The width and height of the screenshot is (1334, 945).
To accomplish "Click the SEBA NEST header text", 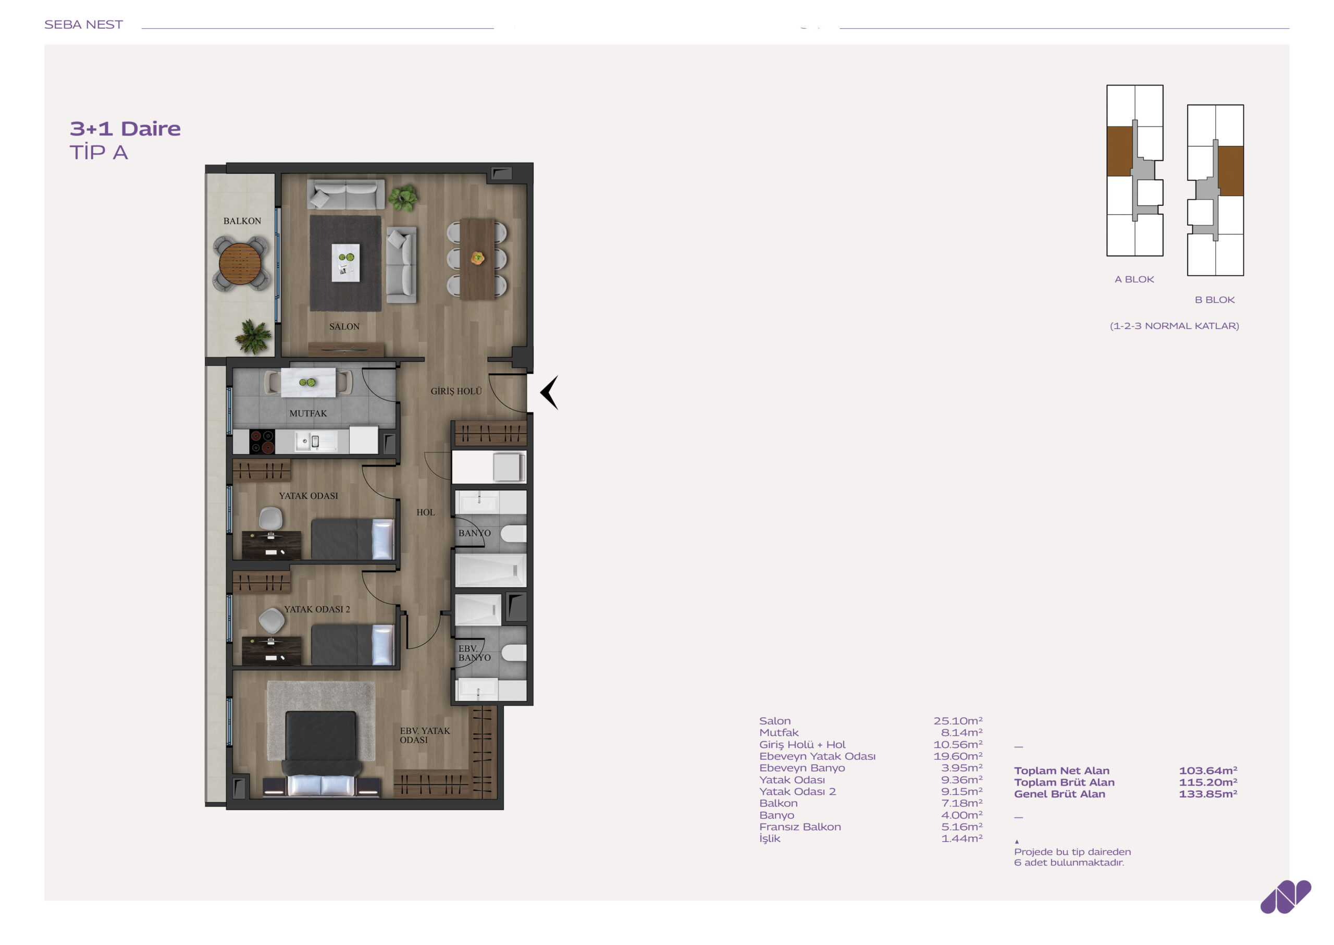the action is (x=83, y=24).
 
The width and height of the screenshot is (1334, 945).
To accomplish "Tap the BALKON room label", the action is (x=242, y=221).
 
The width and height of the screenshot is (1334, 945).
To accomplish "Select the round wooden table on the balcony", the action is (x=240, y=264).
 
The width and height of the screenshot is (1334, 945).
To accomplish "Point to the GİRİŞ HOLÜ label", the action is (x=456, y=391).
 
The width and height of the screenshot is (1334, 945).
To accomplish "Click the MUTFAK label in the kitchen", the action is (x=308, y=413).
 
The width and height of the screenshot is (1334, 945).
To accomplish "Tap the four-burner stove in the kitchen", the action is (x=262, y=441).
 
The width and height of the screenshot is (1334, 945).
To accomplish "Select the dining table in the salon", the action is (x=477, y=259).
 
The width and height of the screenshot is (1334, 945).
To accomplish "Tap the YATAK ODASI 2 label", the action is (x=317, y=609).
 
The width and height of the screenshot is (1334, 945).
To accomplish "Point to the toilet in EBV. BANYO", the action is (x=514, y=653).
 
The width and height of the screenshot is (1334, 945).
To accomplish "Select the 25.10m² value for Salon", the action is (x=958, y=721).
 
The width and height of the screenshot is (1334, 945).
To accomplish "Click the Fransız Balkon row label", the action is (x=800, y=827).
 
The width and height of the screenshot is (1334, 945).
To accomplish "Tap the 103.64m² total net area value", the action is (x=1208, y=770).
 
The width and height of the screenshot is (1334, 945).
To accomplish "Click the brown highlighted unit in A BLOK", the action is (x=1119, y=151).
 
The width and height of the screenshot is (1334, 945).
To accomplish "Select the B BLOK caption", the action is (x=1215, y=300).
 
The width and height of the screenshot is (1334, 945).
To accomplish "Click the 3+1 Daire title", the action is (x=125, y=129).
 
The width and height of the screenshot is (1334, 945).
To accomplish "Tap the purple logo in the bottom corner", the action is (x=1285, y=897).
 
